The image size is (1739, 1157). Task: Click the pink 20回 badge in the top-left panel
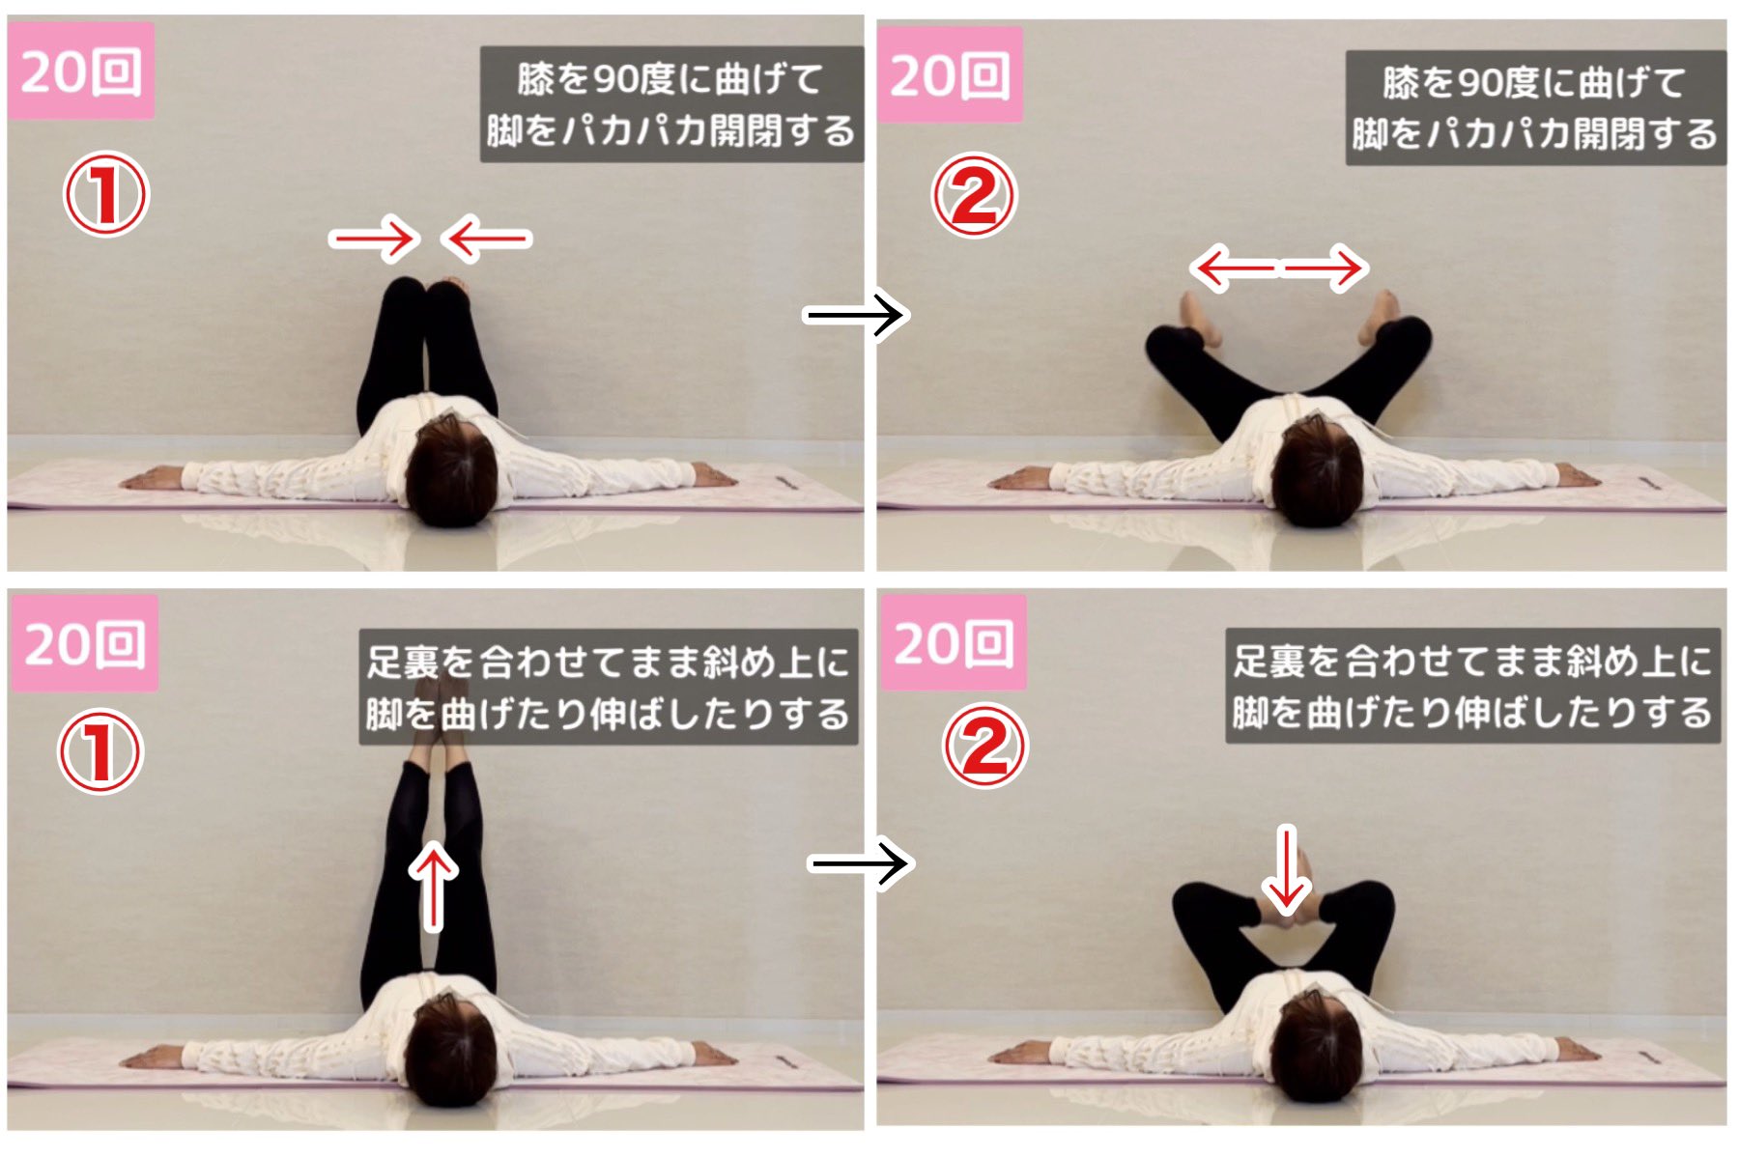click(80, 71)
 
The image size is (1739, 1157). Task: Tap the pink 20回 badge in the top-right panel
click(950, 74)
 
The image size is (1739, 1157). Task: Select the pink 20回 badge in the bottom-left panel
click(84, 642)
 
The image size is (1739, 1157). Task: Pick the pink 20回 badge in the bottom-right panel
click(954, 641)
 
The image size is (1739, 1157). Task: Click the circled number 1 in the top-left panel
click(105, 194)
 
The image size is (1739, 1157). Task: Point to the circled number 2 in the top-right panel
click(974, 196)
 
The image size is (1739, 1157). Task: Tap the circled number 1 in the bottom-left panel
click(100, 751)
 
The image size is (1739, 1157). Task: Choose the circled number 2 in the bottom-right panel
click(985, 745)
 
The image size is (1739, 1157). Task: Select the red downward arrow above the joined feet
click(1286, 869)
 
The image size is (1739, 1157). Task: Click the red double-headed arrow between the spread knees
click(1277, 268)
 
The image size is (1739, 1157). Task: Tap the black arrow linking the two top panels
click(855, 314)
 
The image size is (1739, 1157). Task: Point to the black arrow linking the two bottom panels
click(859, 862)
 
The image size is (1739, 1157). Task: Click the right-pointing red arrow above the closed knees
click(375, 238)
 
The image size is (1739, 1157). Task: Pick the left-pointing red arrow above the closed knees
click(486, 238)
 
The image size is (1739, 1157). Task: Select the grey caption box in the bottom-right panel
click(1472, 686)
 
